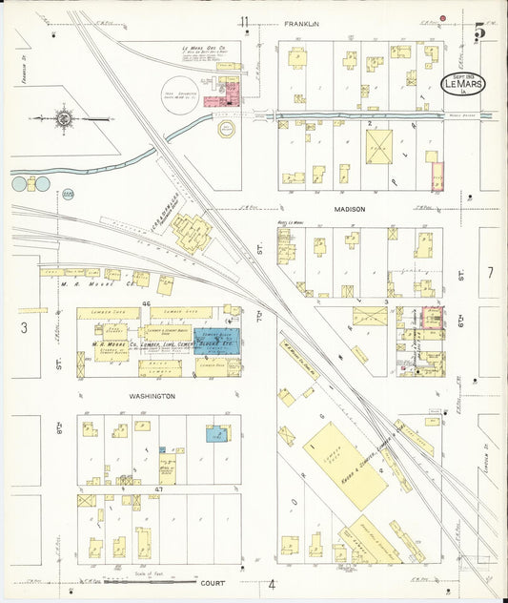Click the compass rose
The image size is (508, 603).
pyautogui.click(x=64, y=119)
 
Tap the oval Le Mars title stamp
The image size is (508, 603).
pyautogui.click(x=464, y=82)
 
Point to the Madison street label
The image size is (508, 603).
pyautogui.click(x=349, y=207)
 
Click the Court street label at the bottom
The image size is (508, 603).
pyautogui.click(x=213, y=581)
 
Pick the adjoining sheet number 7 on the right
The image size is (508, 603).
pyautogui.click(x=490, y=273)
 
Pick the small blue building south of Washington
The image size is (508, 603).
pyautogui.click(x=217, y=434)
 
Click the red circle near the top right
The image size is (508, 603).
pyautogui.click(x=443, y=18)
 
